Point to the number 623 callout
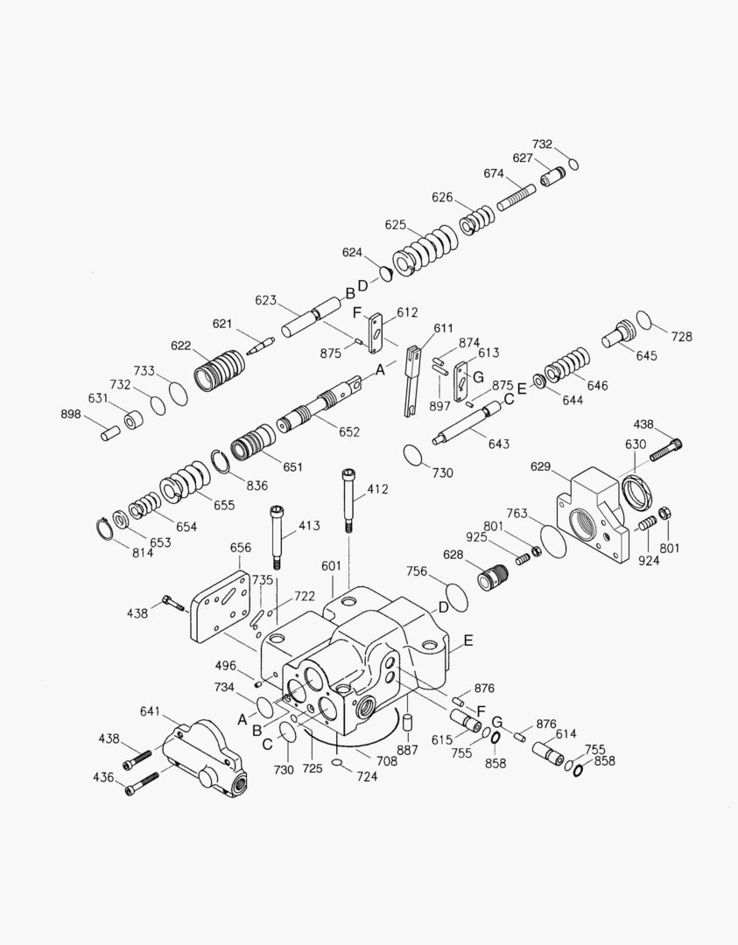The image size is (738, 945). tap(266, 300)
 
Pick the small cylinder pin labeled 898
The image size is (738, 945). tap(110, 432)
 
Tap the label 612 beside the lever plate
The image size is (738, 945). tap(407, 312)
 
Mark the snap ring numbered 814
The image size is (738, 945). tap(106, 529)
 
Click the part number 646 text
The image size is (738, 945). tap(597, 385)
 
